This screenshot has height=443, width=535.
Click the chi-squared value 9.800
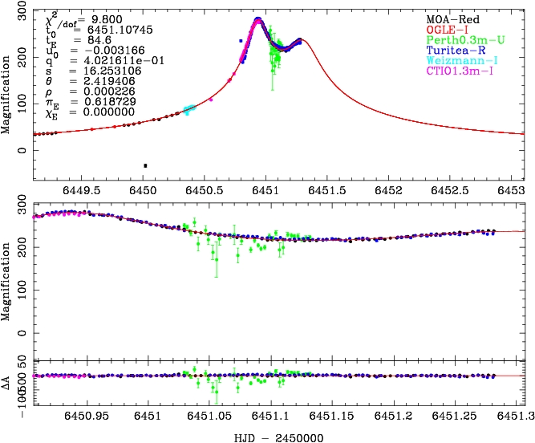click(103, 15)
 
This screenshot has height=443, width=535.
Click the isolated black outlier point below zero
click(145, 165)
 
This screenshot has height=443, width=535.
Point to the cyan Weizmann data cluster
click(189, 109)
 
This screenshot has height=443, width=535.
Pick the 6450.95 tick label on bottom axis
click(87, 417)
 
